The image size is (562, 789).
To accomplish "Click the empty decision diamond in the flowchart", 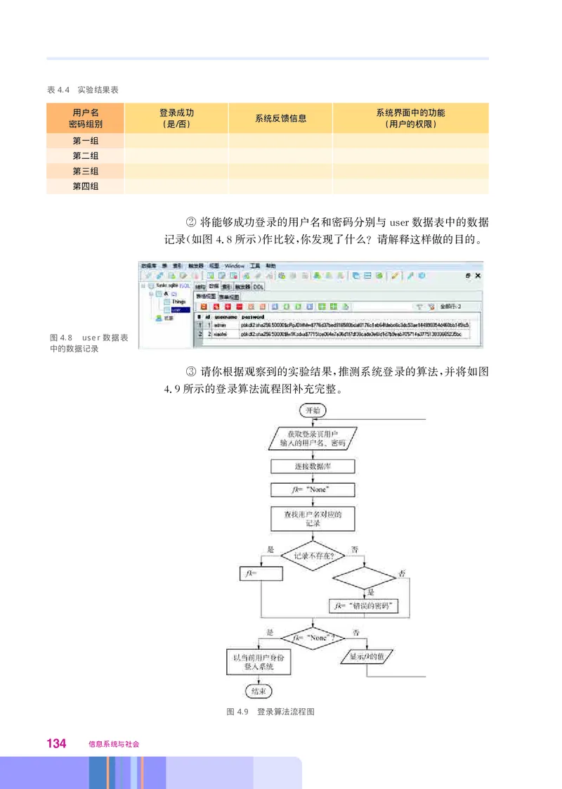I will (x=364, y=578).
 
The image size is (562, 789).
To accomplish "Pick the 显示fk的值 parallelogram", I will (x=366, y=657).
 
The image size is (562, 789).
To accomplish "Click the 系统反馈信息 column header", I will (x=280, y=118).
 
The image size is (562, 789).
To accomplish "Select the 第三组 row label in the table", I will (x=85, y=171).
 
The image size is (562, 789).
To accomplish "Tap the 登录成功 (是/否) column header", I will (x=176, y=118).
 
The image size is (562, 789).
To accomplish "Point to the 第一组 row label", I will (x=85, y=141).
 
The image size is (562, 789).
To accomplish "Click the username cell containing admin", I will (x=220, y=326).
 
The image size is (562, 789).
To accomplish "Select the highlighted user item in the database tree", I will (x=176, y=309).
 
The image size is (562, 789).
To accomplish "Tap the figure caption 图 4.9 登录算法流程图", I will (x=270, y=712).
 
